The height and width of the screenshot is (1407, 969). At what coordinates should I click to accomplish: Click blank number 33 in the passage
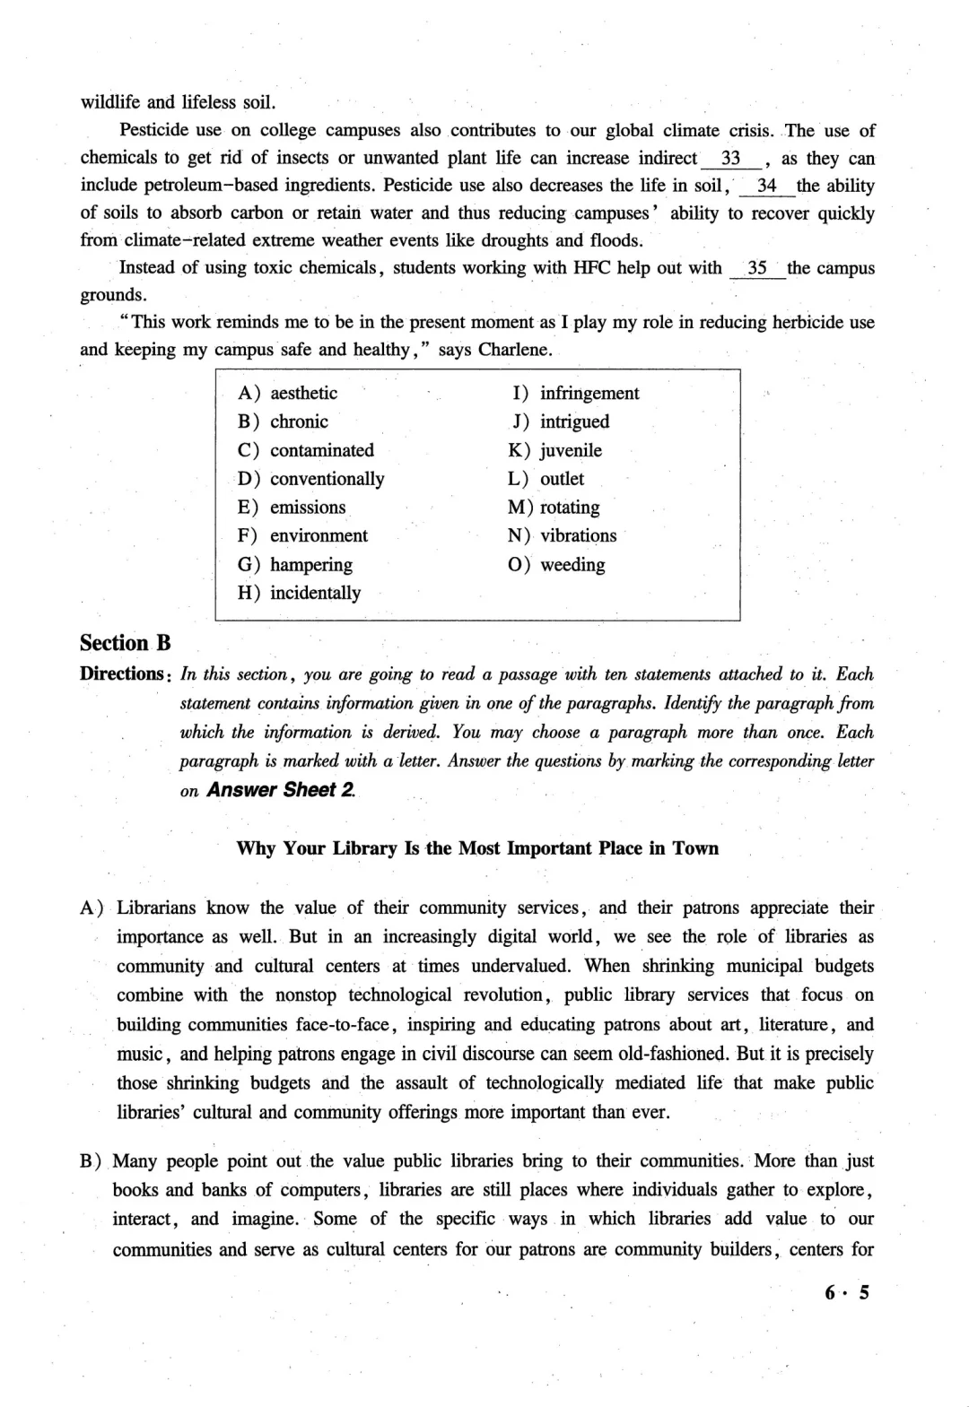coord(730,159)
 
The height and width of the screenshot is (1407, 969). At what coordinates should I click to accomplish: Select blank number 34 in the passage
coord(766,187)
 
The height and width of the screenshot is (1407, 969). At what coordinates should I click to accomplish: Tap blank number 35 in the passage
coord(757,268)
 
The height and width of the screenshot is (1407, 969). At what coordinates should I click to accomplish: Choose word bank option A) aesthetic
coord(288,393)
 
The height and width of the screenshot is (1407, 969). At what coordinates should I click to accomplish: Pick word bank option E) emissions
coord(292,508)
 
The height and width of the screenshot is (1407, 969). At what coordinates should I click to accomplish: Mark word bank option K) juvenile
coord(554,450)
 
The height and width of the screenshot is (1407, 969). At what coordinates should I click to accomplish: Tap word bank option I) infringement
coord(575,393)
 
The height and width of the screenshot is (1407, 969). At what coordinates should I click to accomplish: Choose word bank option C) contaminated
coord(306,450)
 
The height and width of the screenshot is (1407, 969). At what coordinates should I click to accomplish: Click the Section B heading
coord(125,643)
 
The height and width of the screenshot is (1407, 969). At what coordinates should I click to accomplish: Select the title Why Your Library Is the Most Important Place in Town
coord(477,848)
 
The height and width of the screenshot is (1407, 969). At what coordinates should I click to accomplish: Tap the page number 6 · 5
coord(847,1292)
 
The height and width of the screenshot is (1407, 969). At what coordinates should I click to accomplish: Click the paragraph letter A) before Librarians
coord(92,908)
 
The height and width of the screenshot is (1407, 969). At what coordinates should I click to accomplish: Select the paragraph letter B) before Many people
coord(92,1161)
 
